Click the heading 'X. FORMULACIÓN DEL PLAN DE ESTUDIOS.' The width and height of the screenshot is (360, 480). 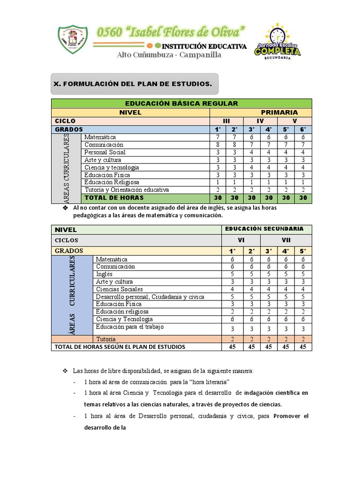tap(133, 84)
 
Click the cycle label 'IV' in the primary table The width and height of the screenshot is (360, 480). tap(260, 121)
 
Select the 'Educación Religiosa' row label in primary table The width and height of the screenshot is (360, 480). tap(112, 182)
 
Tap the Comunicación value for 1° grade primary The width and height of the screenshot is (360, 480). tap(217, 145)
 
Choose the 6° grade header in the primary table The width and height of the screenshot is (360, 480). tap(303, 129)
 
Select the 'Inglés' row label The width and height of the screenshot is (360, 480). tap(104, 274)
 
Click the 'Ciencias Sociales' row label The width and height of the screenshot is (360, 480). tap(119, 289)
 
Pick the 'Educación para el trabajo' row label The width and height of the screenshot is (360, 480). tap(129, 327)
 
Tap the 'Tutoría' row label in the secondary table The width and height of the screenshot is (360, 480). tap(105, 339)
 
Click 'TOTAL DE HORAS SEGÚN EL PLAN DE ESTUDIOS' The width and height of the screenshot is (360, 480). tap(120, 347)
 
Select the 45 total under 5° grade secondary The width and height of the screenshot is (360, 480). tap(303, 347)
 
